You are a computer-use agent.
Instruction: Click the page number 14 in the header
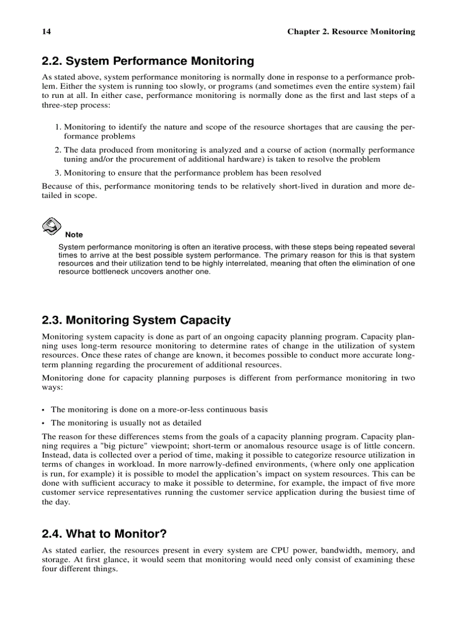click(46, 32)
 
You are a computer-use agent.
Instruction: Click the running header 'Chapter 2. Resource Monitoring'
click(351, 32)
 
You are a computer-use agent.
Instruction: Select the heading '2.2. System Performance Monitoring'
click(148, 61)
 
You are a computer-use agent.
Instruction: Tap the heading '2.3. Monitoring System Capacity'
click(136, 320)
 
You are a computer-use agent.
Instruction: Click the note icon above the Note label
click(52, 226)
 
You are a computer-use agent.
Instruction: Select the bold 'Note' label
click(74, 235)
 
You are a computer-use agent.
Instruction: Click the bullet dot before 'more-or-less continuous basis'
click(44, 410)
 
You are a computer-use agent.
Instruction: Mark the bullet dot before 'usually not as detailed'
click(44, 423)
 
